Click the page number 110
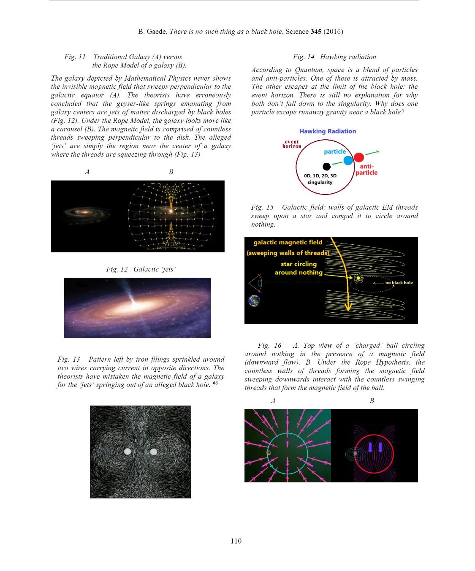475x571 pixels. tap(236, 541)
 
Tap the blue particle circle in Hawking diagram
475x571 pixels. tap(348, 160)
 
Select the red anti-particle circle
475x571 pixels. tap(358, 157)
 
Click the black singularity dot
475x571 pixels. tap(326, 166)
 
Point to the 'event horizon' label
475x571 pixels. tap(292, 144)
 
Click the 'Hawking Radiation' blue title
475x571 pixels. tap(327, 131)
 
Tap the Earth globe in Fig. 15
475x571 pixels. tap(254, 301)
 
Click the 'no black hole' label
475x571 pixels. tap(399, 283)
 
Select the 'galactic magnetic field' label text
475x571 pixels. tap(288, 242)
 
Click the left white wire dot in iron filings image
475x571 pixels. tap(128, 452)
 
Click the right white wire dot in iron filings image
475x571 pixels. tap(153, 452)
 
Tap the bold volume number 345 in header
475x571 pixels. tap(316, 32)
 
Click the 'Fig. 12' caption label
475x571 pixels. tap(117, 269)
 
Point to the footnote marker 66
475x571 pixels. tap(215, 383)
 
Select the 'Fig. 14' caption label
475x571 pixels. tap(304, 57)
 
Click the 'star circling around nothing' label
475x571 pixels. tap(298, 268)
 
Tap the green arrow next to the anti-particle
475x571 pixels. tap(372, 152)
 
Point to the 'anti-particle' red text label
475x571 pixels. tap(366, 170)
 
